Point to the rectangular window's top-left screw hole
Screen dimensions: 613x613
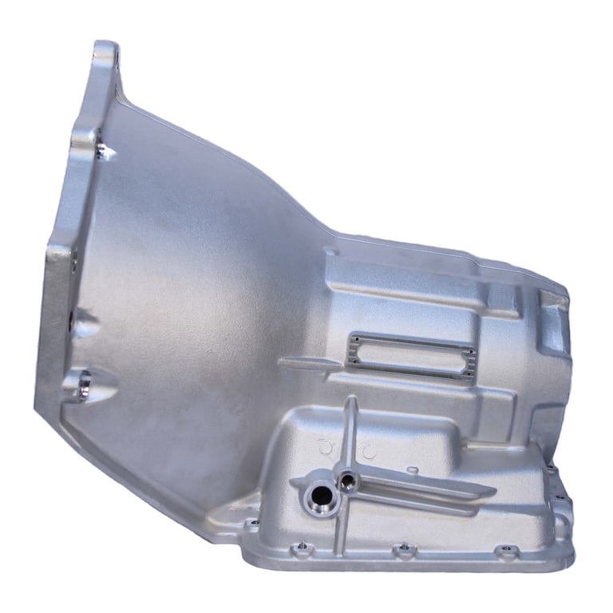point(351,339)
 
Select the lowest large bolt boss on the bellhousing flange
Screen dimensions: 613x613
point(83,386)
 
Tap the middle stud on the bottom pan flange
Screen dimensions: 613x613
point(402,548)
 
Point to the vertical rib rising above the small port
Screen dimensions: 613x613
point(349,431)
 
